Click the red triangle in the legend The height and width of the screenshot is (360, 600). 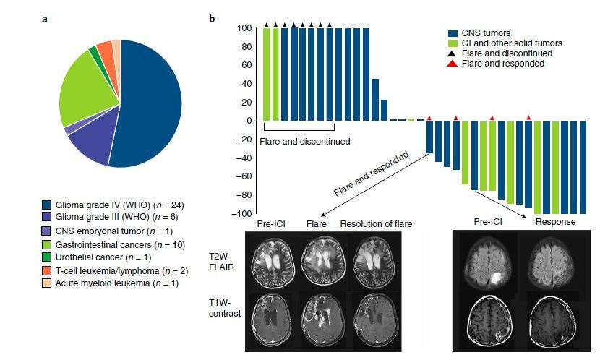point(452,64)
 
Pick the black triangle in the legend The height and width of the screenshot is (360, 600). point(452,53)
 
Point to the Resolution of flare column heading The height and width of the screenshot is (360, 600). point(376,224)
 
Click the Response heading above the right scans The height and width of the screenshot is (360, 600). point(554,222)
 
